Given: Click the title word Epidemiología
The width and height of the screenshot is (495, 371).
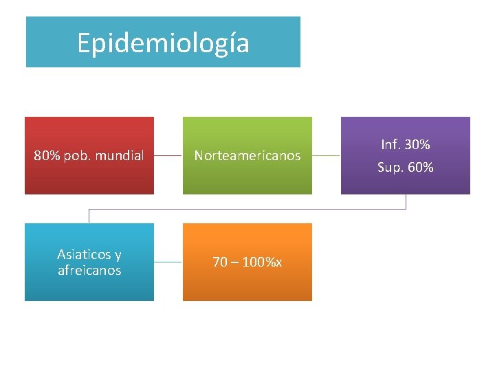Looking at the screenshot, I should pyautogui.click(x=163, y=43).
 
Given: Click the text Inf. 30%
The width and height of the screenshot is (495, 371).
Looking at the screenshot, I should pyautogui.click(x=406, y=145).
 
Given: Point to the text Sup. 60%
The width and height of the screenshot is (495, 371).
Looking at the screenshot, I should pyautogui.click(x=406, y=167).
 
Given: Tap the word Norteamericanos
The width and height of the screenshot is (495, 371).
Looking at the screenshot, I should pyautogui.click(x=247, y=156).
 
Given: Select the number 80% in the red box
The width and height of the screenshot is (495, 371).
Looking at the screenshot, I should pyautogui.click(x=47, y=156).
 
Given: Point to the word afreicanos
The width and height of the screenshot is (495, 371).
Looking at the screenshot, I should pyautogui.click(x=89, y=271).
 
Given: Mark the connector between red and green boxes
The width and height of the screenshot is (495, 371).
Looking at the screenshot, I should pyautogui.click(x=168, y=156).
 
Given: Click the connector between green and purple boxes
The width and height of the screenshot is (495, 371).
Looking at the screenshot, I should pyautogui.click(x=327, y=156).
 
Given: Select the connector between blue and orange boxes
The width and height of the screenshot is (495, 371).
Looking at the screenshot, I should pyautogui.click(x=168, y=262).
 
